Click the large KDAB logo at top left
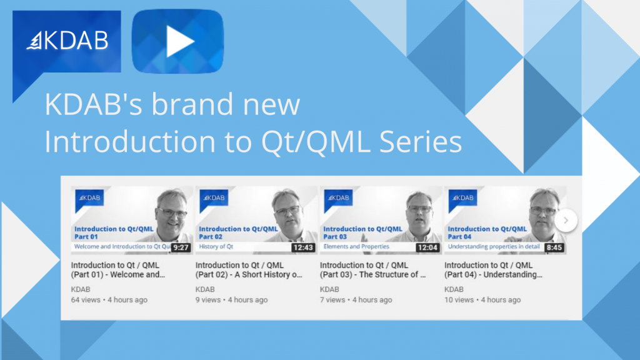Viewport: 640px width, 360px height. coord(67,41)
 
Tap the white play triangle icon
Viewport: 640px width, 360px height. coord(179,41)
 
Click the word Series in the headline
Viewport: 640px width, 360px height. coord(421,142)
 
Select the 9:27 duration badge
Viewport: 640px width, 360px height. coord(181,247)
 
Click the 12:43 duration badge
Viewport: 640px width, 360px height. coord(303,247)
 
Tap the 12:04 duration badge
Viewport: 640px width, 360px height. coord(427,247)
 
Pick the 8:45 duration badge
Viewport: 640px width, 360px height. coord(554,247)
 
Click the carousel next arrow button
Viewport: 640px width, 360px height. coord(566,221)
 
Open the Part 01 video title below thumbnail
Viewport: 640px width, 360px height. coord(118,270)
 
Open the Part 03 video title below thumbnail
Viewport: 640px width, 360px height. coord(372,270)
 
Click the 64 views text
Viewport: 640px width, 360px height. coord(86,299)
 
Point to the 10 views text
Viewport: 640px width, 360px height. coord(459,299)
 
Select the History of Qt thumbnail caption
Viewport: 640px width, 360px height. coord(216,246)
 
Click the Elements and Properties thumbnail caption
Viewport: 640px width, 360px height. coord(356,246)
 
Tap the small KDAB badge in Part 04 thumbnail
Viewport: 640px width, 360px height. coord(463,198)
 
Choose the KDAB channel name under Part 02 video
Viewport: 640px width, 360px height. coord(205,289)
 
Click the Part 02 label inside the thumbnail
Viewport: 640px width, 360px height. coord(211,237)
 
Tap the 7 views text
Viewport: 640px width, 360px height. coord(332,299)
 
